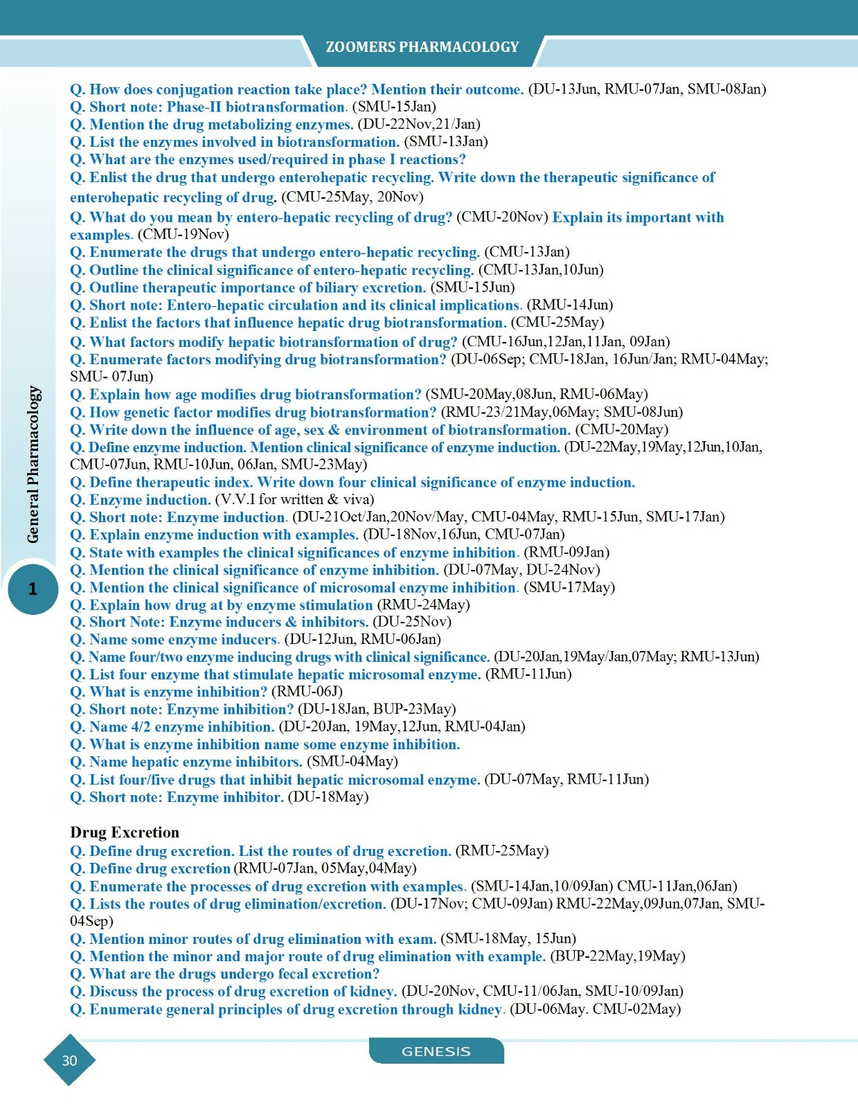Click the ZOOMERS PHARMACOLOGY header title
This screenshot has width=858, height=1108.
coord(422,47)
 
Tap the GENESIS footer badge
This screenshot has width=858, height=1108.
coord(436,1051)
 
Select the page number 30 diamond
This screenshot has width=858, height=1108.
coord(69,1060)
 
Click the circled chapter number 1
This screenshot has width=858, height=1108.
coord(33,589)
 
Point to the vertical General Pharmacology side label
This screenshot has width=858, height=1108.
coord(33,464)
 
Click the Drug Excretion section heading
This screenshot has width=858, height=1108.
coord(125,832)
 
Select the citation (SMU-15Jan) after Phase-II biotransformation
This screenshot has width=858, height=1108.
coord(394,107)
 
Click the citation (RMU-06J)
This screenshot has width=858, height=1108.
coord(307,692)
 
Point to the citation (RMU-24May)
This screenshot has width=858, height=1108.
coord(423,605)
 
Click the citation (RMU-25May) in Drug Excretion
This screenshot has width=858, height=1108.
coord(501,850)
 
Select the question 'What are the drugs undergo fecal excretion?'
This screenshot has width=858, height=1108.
coord(225,974)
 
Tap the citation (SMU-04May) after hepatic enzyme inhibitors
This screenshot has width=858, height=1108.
coord(352,762)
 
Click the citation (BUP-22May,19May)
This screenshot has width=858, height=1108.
coord(617,956)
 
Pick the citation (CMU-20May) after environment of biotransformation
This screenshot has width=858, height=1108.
coord(622,429)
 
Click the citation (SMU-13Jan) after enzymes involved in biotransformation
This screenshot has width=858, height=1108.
coord(446,142)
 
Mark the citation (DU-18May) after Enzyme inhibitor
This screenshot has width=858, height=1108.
coord(328,797)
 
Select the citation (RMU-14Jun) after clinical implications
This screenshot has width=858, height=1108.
coord(569,305)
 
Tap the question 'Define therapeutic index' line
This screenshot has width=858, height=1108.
coord(352,482)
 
